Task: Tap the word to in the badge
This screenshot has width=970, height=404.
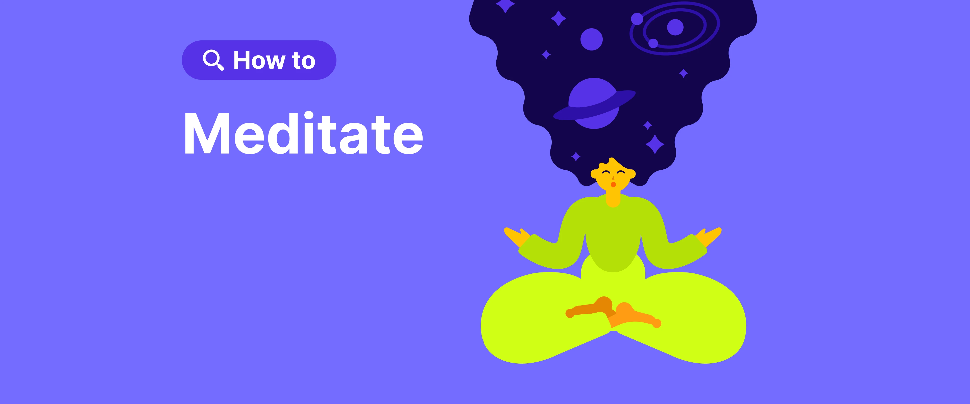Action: click(303, 61)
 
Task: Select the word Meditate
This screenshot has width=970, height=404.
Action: click(303, 134)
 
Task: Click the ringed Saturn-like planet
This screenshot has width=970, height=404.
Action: click(594, 103)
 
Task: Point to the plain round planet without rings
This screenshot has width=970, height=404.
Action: click(591, 39)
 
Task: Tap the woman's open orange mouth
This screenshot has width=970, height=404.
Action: click(613, 185)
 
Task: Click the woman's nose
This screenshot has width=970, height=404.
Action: click(613, 178)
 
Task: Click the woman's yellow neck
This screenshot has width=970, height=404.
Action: click(613, 198)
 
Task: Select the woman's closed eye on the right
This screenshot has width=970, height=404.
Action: click(620, 172)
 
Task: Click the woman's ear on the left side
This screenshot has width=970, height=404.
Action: click(594, 174)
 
